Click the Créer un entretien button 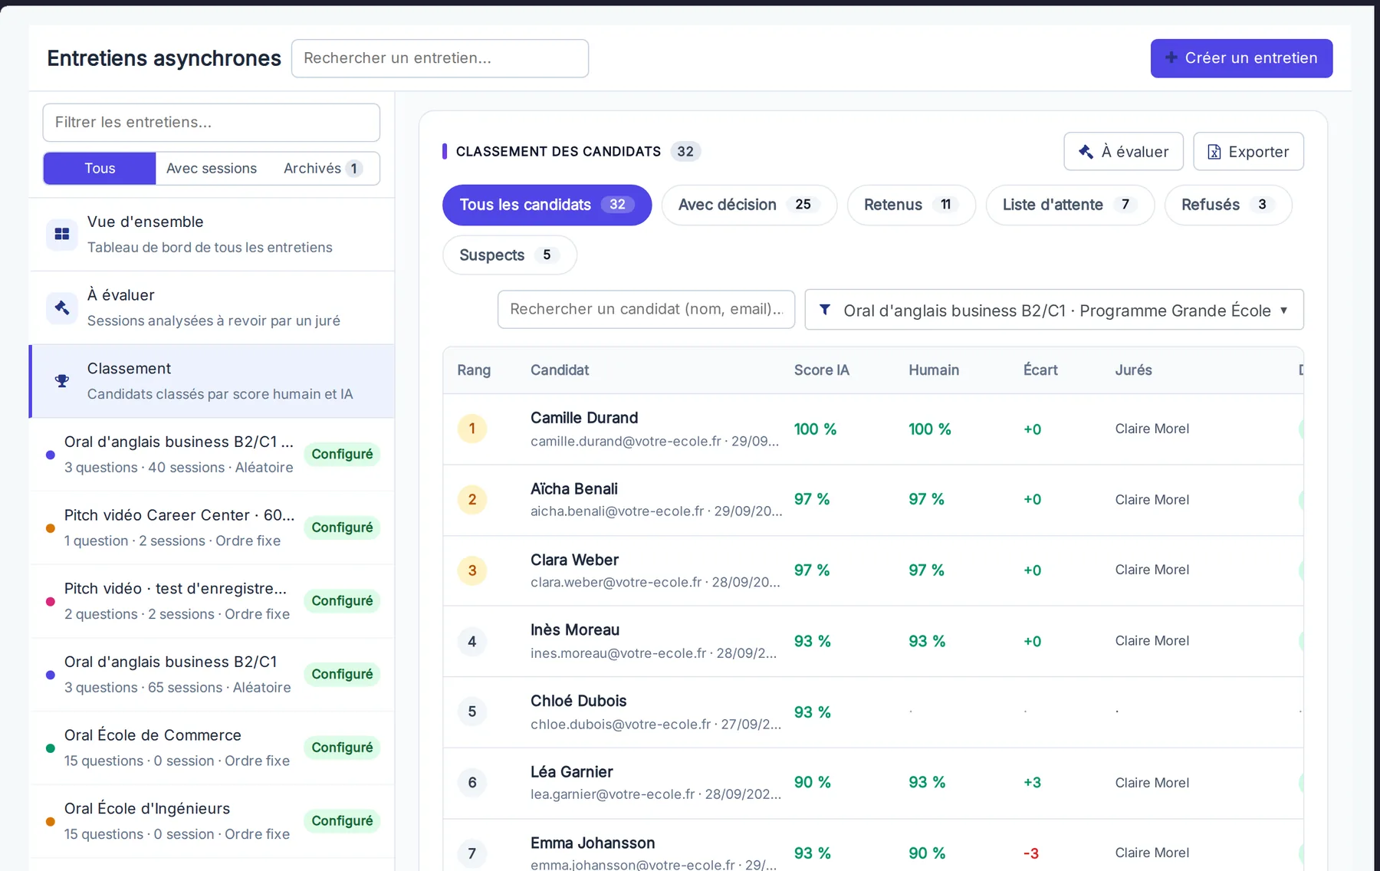pyautogui.click(x=1241, y=58)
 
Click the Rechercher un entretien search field pyautogui.click(x=440, y=58)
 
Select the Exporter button pyautogui.click(x=1248, y=152)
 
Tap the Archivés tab pyautogui.click(x=322, y=169)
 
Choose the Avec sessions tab pyautogui.click(x=212, y=169)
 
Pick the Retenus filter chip pyautogui.click(x=911, y=205)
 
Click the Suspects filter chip pyautogui.click(x=509, y=255)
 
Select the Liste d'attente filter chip pyautogui.click(x=1069, y=205)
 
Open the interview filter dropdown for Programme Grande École pyautogui.click(x=1054, y=310)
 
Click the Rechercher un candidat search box pyautogui.click(x=646, y=309)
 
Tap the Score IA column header pyautogui.click(x=821, y=370)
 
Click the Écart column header pyautogui.click(x=1040, y=370)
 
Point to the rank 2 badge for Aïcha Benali pyautogui.click(x=472, y=500)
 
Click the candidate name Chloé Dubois pyautogui.click(x=579, y=701)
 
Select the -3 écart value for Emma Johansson pyautogui.click(x=1031, y=853)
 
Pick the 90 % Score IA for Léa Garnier pyautogui.click(x=813, y=782)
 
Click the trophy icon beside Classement pyautogui.click(x=62, y=381)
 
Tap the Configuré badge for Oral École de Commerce pyautogui.click(x=342, y=748)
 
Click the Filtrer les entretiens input pyautogui.click(x=212, y=123)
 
